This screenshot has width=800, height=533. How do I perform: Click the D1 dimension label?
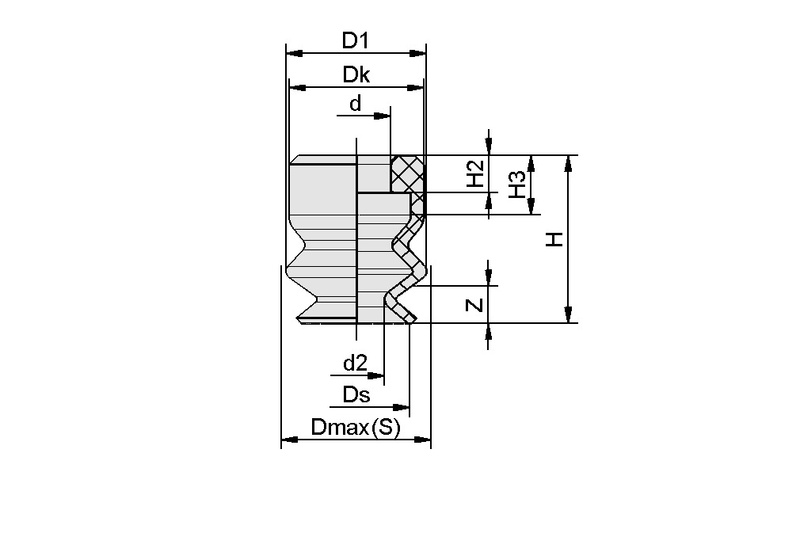pyautogui.click(x=356, y=40)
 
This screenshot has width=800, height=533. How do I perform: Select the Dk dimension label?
pyautogui.click(x=356, y=74)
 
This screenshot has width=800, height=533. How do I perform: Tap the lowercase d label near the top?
pyautogui.click(x=355, y=104)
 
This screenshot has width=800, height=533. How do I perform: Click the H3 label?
pyautogui.click(x=517, y=185)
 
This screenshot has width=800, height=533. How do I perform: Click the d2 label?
pyautogui.click(x=355, y=364)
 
